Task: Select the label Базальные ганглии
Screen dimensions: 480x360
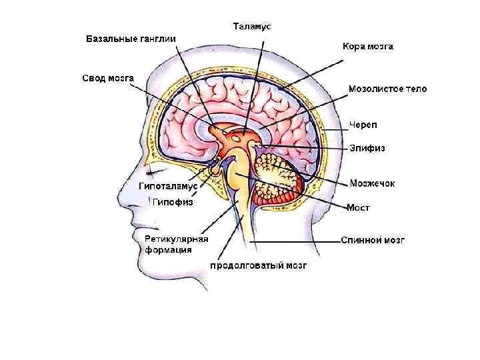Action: click(131, 39)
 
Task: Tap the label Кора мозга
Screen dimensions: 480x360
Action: click(368, 47)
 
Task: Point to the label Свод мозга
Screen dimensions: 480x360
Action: click(108, 78)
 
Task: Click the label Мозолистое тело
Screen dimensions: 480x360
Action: click(387, 89)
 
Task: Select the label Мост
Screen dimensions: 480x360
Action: click(358, 208)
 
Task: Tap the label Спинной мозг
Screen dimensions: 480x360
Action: click(373, 239)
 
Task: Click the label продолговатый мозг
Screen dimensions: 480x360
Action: click(258, 265)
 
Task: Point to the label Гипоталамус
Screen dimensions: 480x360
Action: click(168, 186)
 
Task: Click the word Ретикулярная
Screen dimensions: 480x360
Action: click(177, 239)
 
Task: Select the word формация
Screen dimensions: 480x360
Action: click(169, 251)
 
